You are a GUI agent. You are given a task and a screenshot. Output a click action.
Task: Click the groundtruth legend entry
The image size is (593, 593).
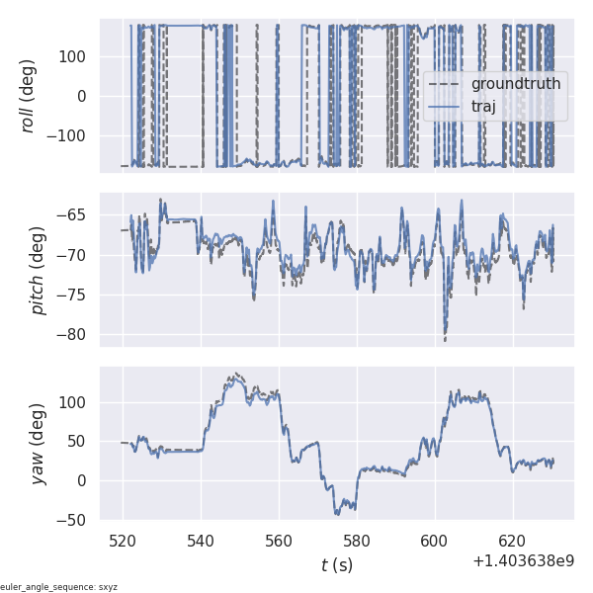(x=515, y=84)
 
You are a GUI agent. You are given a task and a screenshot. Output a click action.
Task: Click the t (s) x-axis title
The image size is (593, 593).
(x=336, y=565)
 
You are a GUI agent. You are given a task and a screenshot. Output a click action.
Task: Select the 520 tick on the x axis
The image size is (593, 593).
(x=124, y=541)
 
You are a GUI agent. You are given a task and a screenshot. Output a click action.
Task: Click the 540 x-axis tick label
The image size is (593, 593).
(x=201, y=541)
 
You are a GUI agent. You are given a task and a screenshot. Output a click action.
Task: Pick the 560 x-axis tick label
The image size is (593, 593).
(x=279, y=541)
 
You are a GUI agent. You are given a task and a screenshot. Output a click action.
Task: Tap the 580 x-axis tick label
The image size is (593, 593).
(x=357, y=541)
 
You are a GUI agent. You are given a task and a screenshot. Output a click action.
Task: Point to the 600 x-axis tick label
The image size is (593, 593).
(x=435, y=541)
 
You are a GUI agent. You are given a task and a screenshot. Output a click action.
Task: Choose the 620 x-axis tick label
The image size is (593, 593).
(x=512, y=541)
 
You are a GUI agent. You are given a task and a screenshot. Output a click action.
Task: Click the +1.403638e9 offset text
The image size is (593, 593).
(x=523, y=560)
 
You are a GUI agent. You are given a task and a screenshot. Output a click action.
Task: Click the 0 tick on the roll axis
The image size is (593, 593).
(x=86, y=96)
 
